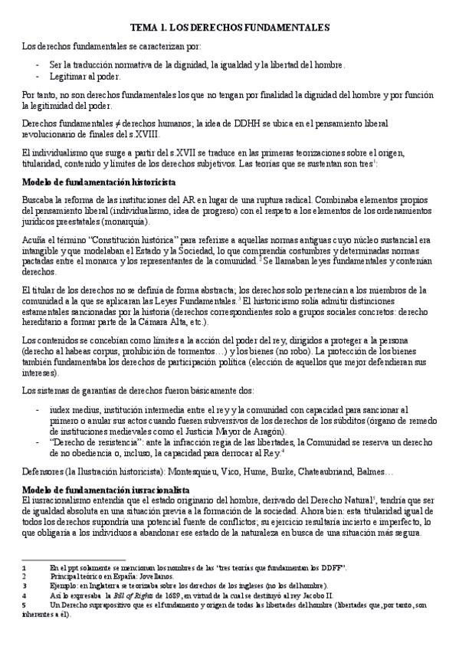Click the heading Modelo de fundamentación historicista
click(100, 182)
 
